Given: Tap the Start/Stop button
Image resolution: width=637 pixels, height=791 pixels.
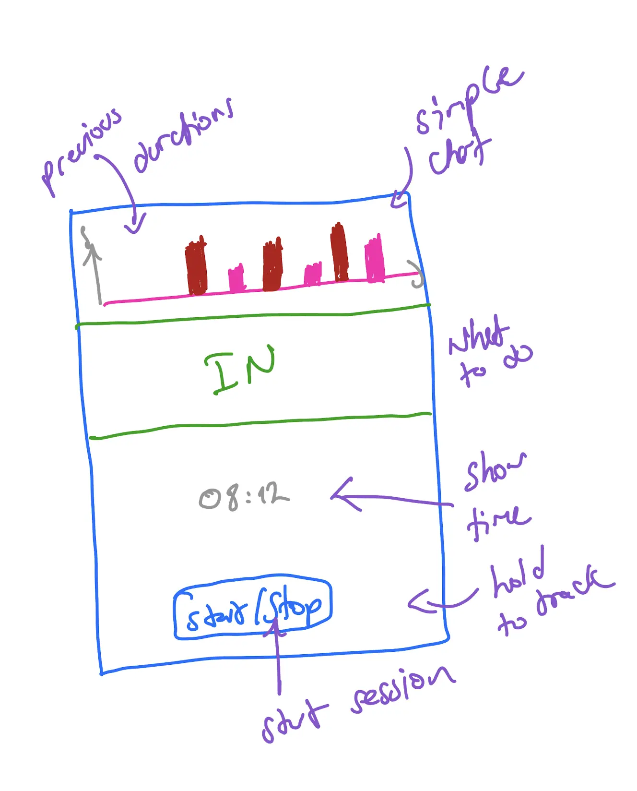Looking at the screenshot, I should point(253,608).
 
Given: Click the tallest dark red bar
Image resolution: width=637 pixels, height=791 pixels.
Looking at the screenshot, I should point(340,252).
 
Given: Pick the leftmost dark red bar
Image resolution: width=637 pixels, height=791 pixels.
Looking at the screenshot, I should point(196,266).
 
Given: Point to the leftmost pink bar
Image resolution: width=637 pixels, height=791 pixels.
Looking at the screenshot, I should point(236,278).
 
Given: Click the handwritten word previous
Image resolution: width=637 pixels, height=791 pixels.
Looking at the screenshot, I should point(82,149).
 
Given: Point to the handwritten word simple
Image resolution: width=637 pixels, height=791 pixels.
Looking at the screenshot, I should point(468,101).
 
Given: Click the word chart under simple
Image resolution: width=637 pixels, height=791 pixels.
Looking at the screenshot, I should point(458,156).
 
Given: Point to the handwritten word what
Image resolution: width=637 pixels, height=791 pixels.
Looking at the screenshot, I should point(477,336).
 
